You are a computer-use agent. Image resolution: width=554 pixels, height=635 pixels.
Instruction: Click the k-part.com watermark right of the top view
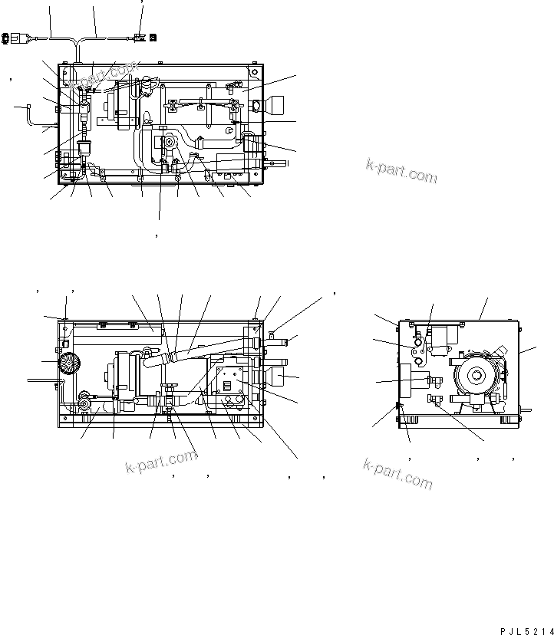401,171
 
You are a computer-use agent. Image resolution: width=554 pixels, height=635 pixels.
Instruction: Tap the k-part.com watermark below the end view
397,473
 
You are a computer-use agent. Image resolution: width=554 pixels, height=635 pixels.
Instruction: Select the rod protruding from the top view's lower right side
277,164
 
